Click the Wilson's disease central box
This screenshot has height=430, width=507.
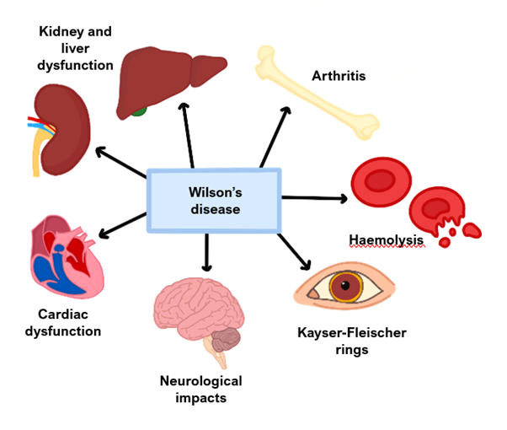point(214,200)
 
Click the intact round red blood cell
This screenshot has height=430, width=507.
point(379,180)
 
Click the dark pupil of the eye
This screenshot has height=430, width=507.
point(344,288)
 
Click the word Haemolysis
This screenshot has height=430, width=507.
point(386,240)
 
